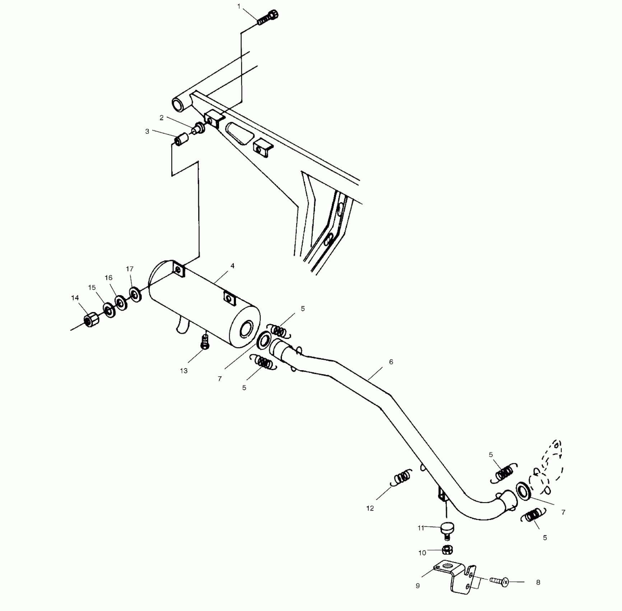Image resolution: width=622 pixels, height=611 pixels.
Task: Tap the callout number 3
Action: (x=147, y=132)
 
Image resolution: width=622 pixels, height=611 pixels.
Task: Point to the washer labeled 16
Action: (x=121, y=303)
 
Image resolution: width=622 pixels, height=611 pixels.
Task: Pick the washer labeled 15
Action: (x=109, y=310)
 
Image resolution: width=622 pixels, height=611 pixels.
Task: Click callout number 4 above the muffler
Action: (x=232, y=266)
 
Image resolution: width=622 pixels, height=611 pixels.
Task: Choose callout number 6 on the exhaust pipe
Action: (x=391, y=362)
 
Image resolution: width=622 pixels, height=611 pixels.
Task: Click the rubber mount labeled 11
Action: (x=447, y=529)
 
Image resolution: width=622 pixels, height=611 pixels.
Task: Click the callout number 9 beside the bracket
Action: (x=418, y=586)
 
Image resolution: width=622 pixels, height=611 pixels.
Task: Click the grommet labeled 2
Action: (x=199, y=128)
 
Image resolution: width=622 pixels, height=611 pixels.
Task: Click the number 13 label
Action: (x=184, y=371)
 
